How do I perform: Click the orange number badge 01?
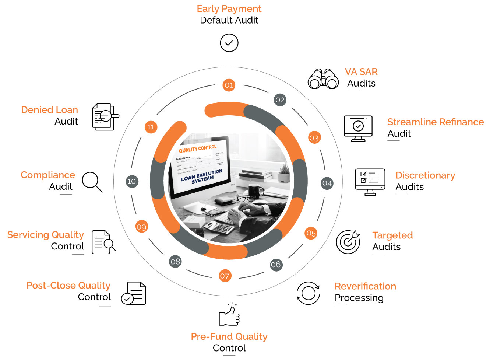coord(229,85)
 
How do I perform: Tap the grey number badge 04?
coord(327,183)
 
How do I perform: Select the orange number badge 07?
coord(225,276)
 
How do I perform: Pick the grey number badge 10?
coord(131,181)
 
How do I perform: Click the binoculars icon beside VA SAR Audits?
coord(323,79)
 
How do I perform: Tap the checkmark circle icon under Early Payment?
coord(229,43)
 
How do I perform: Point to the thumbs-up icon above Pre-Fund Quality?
coord(229,315)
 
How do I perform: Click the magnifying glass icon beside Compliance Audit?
coord(92,182)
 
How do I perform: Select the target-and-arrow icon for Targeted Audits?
coord(348,242)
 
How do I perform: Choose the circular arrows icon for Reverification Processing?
coord(309,293)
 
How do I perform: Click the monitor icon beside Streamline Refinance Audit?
coord(358,128)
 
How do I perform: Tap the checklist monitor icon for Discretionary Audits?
coord(370,182)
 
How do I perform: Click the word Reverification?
coord(365,286)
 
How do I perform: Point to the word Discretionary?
coord(425,175)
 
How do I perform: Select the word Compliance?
coord(48,175)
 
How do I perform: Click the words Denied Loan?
coord(50,110)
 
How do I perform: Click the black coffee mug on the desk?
coord(255,191)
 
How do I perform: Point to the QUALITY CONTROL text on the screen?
coord(198,148)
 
